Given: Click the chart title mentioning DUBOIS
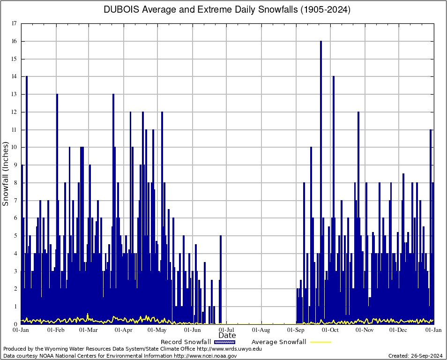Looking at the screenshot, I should pos(227,10).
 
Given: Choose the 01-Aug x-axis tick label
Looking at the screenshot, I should pos(261,330).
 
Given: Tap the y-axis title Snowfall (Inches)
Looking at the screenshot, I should pos(6,173).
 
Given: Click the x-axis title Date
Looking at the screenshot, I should pos(227,336).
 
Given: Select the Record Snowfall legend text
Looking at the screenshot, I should pos(186,342).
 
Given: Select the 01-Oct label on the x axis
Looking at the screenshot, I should pos(331,330).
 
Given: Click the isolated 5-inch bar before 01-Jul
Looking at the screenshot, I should pos(221,281).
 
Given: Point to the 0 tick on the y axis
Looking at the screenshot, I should pos(15,324).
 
